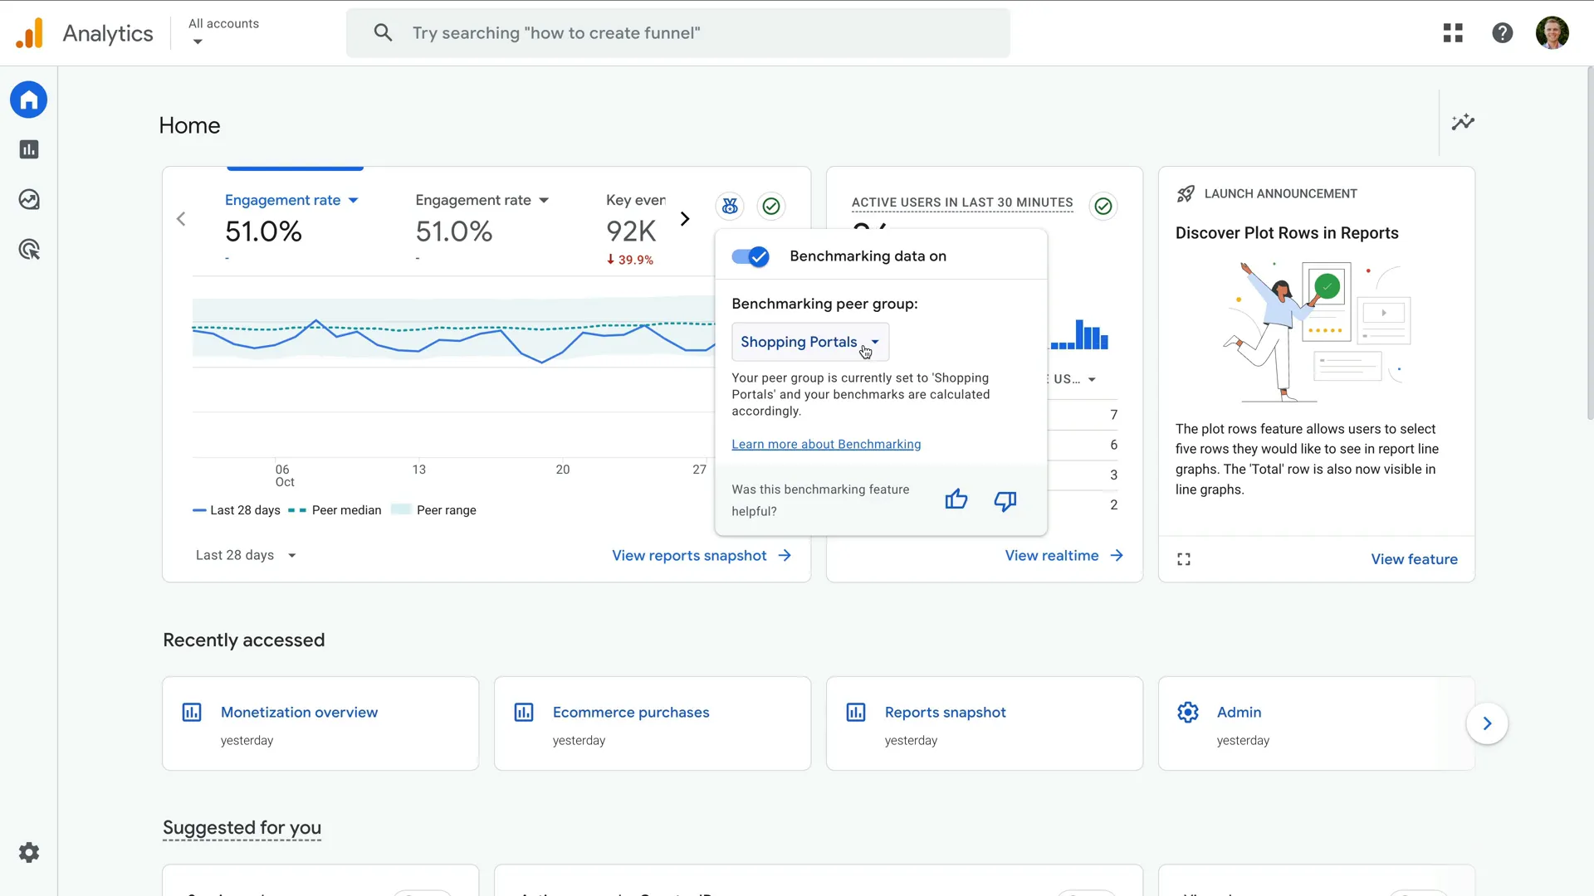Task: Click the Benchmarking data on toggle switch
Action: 751,256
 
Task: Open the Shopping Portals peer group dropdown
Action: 809,342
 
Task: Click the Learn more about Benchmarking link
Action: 826,445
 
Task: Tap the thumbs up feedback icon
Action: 956,499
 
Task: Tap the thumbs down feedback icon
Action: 1005,500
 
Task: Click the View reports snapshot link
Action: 701,556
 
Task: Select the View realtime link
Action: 1063,556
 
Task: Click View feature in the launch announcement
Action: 1414,559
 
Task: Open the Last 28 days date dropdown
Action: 246,555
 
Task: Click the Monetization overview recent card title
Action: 299,713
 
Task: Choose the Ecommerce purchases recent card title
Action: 631,713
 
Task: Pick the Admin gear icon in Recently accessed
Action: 1188,713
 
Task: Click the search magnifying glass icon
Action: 383,33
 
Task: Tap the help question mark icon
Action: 1502,33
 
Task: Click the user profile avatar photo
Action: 1552,33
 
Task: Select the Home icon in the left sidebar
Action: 29,100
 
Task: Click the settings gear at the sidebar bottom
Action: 29,853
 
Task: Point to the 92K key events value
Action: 631,231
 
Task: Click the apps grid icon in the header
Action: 1453,33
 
